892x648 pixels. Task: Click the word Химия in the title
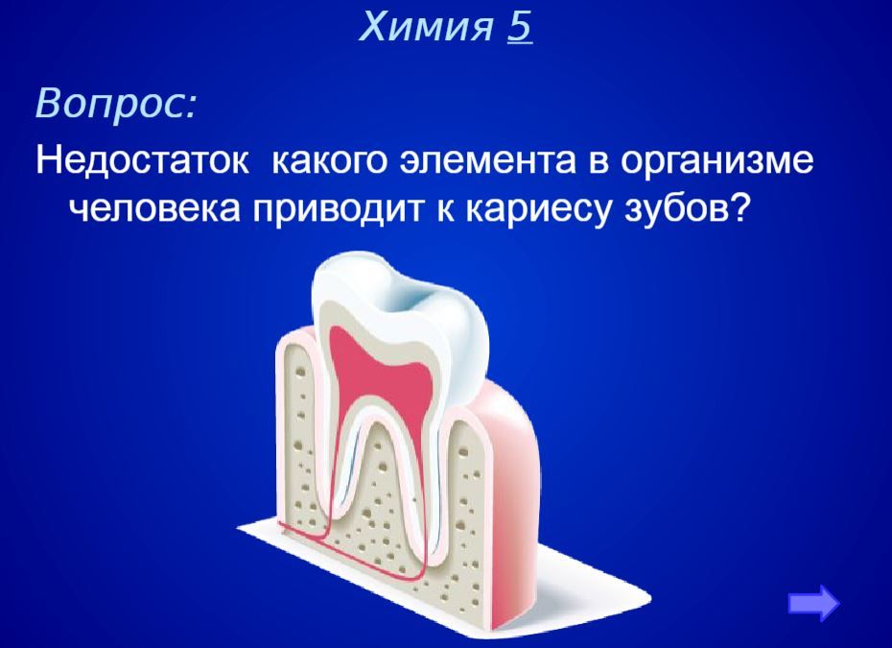point(426,26)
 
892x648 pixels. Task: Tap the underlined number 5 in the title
point(520,26)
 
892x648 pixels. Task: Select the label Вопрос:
point(115,103)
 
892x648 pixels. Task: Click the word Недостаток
point(142,160)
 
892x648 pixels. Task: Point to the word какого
point(331,162)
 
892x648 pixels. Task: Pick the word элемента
point(487,162)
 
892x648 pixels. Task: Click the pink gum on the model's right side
point(511,484)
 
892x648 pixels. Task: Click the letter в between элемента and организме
point(598,163)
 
